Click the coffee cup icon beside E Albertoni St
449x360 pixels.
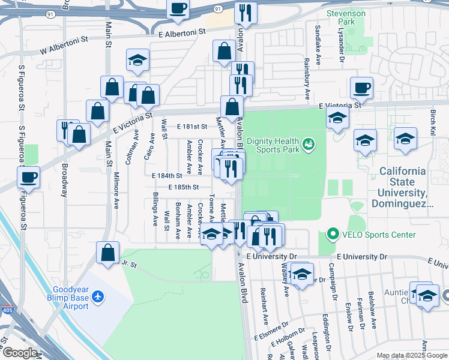178,9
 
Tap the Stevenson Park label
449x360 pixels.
345,17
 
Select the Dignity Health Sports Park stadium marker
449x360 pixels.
309,143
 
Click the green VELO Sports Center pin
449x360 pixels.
331,234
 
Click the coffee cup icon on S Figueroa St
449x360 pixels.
28,177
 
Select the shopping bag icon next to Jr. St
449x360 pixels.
107,252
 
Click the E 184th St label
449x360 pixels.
167,176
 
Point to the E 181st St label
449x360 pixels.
191,127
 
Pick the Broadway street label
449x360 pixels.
65,181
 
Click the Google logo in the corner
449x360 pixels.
19,353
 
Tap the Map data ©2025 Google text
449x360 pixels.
411,356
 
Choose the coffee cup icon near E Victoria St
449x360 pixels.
361,88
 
